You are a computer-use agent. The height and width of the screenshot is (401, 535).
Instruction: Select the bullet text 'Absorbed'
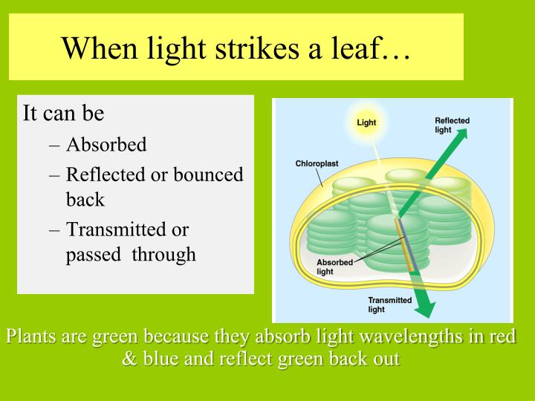106,144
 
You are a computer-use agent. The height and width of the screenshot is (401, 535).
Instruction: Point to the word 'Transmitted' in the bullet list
117,229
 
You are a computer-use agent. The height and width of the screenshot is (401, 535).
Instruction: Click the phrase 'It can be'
64,114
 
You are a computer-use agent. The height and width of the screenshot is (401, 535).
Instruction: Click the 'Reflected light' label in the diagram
452,125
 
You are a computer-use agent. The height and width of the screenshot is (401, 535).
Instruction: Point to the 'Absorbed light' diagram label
335,267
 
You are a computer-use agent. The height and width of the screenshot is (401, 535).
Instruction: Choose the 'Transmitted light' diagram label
390,304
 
